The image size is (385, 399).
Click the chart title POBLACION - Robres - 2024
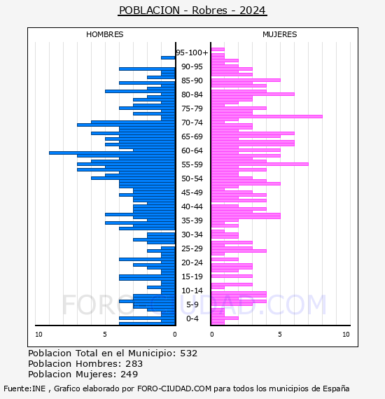tap(192, 10)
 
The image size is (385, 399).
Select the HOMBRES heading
tap(104, 34)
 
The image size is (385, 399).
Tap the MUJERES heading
tap(280, 34)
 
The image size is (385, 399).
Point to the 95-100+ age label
tap(192, 52)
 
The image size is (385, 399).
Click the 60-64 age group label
tap(192, 150)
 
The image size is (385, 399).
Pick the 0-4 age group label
tap(192, 318)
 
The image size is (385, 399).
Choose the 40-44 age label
tap(192, 206)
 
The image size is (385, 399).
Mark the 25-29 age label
tap(192, 248)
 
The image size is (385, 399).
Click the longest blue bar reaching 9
tap(112, 153)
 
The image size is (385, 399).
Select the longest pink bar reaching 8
tap(267, 116)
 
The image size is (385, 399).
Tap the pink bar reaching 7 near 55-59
tap(260, 164)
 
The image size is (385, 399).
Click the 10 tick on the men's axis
tap(38, 335)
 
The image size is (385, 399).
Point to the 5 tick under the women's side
tap(280, 335)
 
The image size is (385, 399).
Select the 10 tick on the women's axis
tap(346, 335)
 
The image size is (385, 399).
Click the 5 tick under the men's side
tap(105, 335)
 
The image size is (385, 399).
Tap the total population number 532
tap(189, 353)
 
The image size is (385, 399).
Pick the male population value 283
tap(134, 364)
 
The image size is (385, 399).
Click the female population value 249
tap(129, 374)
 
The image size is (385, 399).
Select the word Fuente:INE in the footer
tap(24, 388)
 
